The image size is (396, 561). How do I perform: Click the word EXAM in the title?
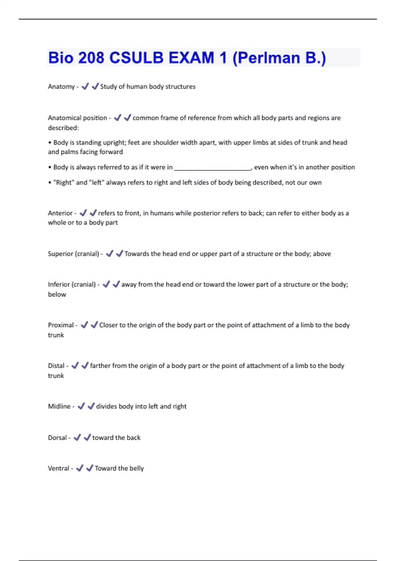coord(191,58)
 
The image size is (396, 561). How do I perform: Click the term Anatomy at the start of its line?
coord(61,86)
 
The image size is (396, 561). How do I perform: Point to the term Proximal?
coord(61,325)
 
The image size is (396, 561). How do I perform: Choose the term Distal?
coord(56,366)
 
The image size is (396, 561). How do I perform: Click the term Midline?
coord(59,406)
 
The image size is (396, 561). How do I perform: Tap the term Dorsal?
coord(57,438)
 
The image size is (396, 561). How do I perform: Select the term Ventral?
coord(59,468)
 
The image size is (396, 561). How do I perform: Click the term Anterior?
coord(60,213)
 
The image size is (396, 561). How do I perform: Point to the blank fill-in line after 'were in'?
coord(213,168)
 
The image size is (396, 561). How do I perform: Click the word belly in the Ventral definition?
coord(136,468)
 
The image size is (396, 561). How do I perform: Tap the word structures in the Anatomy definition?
coord(182,86)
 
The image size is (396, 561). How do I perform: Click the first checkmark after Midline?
coord(81,406)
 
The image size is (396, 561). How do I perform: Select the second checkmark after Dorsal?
coord(87,437)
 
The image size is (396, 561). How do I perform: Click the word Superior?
coord(61,254)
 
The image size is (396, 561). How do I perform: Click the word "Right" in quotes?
coord(64,182)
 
